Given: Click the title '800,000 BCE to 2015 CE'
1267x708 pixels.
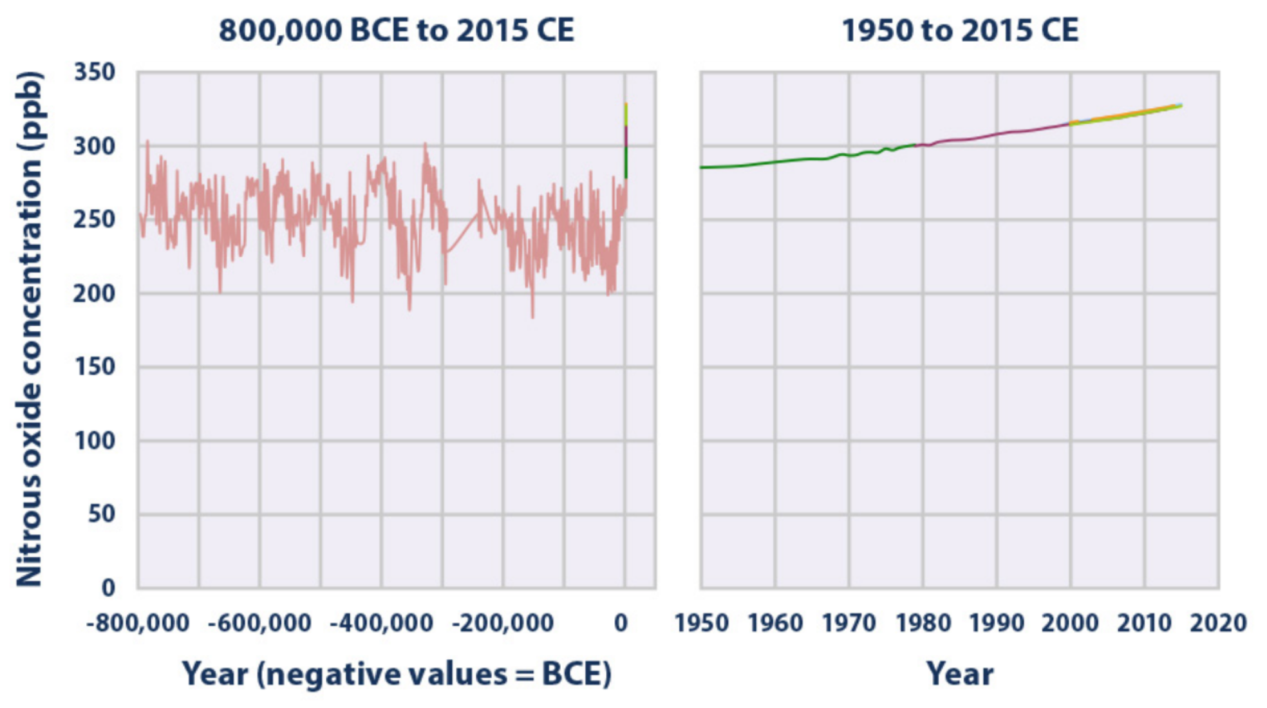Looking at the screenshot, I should [x=396, y=30].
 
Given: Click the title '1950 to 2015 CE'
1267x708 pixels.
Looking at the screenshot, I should [x=960, y=30].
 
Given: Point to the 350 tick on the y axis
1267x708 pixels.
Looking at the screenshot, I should [x=95, y=72].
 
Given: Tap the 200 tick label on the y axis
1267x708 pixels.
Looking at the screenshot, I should [x=95, y=293].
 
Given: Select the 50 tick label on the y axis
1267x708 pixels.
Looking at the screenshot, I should [x=102, y=514].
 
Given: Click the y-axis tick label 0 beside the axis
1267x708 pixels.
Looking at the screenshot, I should [x=108, y=588].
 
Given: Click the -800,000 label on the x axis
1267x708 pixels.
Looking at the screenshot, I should [x=138, y=623].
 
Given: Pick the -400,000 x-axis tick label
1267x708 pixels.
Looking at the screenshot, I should [x=381, y=623].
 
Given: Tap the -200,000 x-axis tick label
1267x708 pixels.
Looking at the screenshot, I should [x=503, y=623].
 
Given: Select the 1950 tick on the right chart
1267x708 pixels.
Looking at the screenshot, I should [x=701, y=623].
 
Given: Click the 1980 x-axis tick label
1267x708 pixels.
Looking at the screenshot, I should [x=923, y=623].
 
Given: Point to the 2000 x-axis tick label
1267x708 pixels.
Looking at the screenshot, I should [x=1071, y=623].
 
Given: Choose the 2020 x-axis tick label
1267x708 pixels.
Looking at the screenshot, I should [x=1218, y=623].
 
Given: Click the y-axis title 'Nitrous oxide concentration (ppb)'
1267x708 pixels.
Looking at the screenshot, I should [x=30, y=328].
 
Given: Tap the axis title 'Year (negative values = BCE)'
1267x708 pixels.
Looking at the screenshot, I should [x=396, y=674].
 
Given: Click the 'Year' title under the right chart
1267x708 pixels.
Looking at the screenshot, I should [x=960, y=674].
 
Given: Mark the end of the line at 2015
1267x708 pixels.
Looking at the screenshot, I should [x=1181, y=106].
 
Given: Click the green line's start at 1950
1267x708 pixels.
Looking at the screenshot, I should [x=702, y=167].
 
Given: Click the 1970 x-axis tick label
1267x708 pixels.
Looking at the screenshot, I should [x=849, y=623].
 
